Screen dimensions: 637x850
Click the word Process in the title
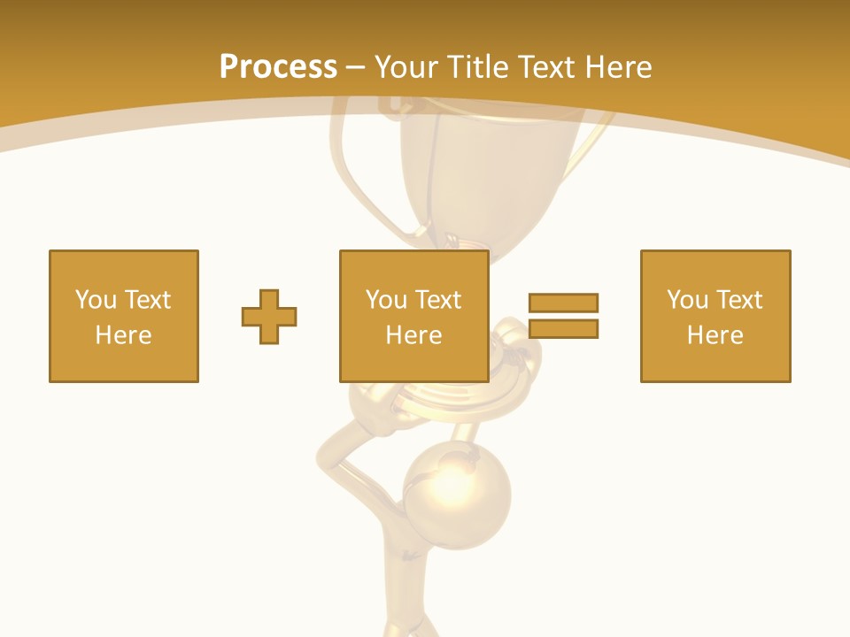coord(278,67)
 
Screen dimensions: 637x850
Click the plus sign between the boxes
coord(269,316)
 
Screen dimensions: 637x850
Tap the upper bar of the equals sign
coord(563,303)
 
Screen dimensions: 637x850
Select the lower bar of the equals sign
coord(563,329)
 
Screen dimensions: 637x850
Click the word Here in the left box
coord(124,335)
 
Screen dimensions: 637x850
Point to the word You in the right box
coord(687,300)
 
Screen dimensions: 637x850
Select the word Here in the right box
coord(715,335)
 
